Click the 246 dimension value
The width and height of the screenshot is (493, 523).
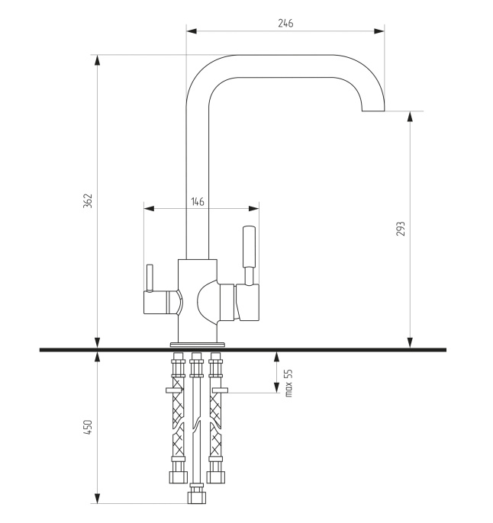point(285,24)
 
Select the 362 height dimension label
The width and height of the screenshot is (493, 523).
point(88,201)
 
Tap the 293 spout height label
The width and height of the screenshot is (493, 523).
point(400,229)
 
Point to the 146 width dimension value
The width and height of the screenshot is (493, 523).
point(198,202)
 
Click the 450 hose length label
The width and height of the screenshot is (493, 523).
point(88,427)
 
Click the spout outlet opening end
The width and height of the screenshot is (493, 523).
point(373,111)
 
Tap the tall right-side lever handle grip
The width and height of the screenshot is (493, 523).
point(249,246)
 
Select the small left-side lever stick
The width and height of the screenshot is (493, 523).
point(150,278)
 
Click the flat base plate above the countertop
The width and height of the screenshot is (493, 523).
point(198,345)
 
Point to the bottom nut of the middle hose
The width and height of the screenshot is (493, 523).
point(197,498)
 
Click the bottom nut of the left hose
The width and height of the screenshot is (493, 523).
point(178,477)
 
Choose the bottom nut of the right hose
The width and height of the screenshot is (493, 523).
point(216,477)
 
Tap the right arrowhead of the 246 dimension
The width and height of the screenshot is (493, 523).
point(379,31)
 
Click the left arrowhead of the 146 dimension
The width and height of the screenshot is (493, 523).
point(150,209)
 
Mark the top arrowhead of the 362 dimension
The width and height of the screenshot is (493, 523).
point(97,60)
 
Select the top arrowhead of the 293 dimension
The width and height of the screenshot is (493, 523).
point(411,117)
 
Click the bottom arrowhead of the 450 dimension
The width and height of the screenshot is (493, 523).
point(97,498)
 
